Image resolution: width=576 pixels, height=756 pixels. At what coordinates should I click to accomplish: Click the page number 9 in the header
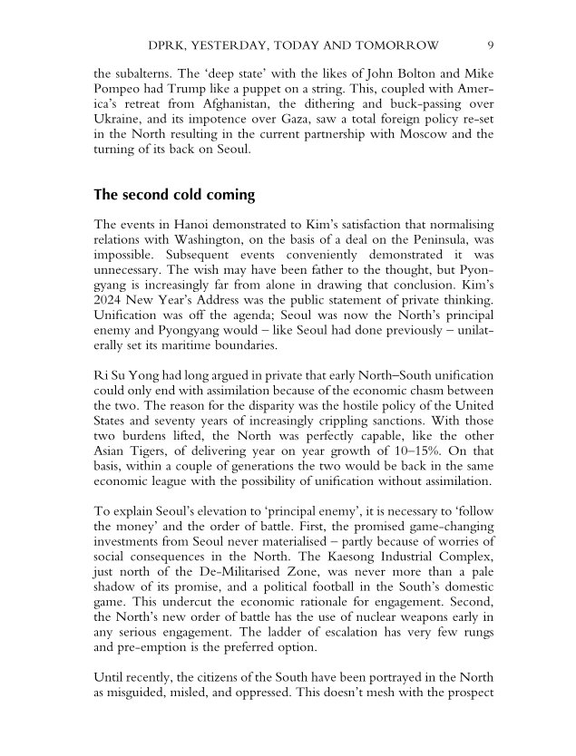click(490, 45)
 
